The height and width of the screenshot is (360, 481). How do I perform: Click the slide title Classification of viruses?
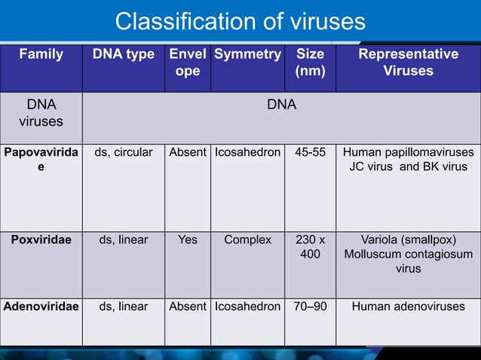pos(240,20)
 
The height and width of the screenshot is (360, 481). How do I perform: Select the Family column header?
pos(41,54)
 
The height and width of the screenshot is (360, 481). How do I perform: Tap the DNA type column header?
pos(123,54)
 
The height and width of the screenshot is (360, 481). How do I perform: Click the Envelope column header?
pos(187,63)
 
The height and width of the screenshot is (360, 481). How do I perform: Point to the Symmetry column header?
pos(247,54)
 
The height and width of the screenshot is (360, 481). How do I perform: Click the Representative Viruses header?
pos(407,63)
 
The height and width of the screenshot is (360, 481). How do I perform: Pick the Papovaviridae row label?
pos(41,160)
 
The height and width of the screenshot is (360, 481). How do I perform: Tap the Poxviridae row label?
pos(41,240)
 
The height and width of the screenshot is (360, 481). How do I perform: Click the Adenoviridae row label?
pos(41,307)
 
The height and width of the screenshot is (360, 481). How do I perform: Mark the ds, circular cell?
pos(123,152)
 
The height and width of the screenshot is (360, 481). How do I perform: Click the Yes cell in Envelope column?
pos(187,240)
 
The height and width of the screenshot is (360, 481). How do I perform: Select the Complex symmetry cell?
pos(247,240)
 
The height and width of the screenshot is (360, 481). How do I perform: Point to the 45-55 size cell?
pos(311,152)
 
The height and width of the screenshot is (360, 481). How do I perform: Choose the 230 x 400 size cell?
pos(311,248)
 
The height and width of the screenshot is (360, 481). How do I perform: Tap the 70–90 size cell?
pos(311,307)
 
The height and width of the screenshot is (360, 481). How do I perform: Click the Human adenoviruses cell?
pos(407,307)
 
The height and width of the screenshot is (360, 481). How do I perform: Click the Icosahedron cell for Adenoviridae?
pos(247,307)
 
